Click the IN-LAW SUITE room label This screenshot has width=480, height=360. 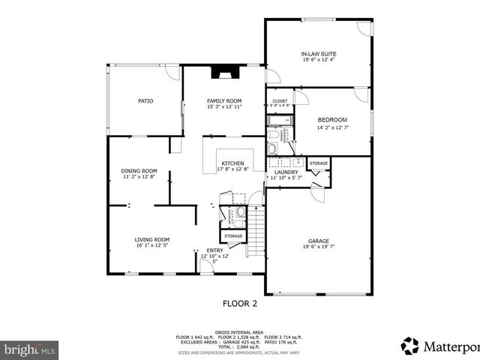318,54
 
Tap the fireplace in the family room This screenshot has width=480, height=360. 223,73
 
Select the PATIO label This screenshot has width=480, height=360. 145,100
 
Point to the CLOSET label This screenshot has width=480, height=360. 280,100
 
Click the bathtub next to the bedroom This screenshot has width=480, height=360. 280,120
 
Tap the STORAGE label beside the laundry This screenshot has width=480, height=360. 318,163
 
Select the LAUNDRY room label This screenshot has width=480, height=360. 286,172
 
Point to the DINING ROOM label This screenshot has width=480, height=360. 139,170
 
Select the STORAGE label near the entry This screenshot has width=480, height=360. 233,236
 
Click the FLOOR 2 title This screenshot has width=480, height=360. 239,304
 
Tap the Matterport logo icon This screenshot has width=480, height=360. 410,346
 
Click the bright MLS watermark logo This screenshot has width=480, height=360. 30,349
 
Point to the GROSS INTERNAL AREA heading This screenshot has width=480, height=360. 238,331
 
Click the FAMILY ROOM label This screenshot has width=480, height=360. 224,100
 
